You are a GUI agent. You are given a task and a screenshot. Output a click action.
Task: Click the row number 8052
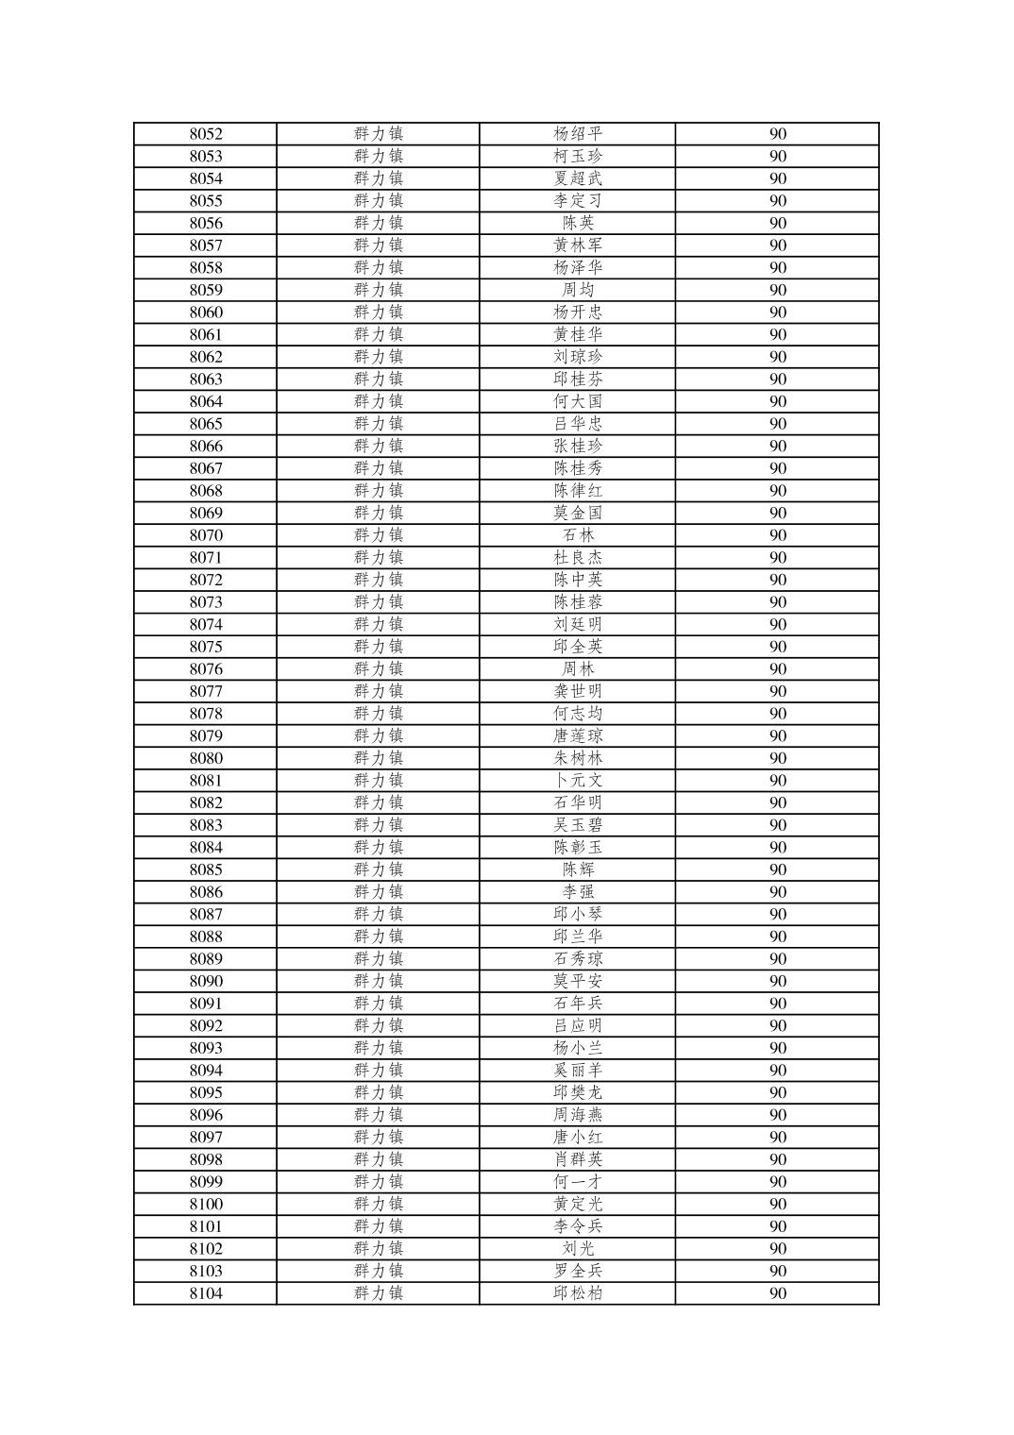(x=206, y=134)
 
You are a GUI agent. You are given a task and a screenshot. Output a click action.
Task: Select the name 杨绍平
(x=578, y=134)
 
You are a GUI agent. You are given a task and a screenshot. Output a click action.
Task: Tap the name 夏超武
(x=578, y=178)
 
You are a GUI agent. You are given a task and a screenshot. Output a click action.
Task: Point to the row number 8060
(x=206, y=312)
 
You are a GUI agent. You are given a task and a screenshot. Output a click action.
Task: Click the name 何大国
(x=578, y=401)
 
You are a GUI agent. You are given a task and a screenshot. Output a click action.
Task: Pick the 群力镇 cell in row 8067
(x=379, y=468)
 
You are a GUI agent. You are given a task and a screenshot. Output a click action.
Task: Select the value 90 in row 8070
(x=777, y=535)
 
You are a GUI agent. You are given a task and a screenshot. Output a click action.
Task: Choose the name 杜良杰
(x=578, y=558)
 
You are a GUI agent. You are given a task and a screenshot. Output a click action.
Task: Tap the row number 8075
(x=206, y=647)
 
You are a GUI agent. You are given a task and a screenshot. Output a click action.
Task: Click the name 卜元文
(x=578, y=781)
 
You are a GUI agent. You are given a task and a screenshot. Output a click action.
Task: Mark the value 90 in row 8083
(x=777, y=825)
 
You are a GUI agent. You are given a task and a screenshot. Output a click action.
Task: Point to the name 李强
(x=578, y=892)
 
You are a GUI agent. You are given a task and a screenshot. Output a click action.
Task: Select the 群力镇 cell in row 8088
(x=379, y=937)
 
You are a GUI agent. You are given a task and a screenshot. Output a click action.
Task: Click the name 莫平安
(x=578, y=981)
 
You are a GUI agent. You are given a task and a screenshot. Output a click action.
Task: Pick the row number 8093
(x=206, y=1048)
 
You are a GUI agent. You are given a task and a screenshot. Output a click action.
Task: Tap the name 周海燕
(x=578, y=1115)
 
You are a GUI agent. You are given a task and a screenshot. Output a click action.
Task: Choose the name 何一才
(x=578, y=1182)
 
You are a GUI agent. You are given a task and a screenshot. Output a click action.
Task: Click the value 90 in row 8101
(x=777, y=1226)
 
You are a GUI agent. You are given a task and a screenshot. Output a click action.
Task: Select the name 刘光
(x=578, y=1249)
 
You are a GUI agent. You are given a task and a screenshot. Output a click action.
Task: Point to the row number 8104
(x=206, y=1293)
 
